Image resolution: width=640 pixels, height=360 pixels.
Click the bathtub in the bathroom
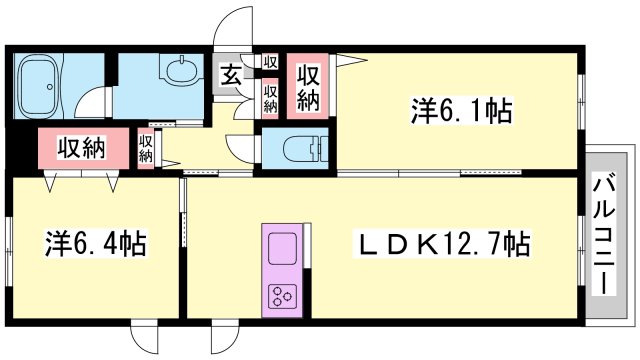point(39,86)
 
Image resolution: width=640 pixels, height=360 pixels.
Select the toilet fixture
point(305,149)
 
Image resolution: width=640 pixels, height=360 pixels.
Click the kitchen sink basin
point(282,245)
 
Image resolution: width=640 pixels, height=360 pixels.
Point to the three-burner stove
point(282,296)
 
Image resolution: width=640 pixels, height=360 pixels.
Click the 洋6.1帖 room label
point(462,111)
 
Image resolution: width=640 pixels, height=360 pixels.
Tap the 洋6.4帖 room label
point(96,243)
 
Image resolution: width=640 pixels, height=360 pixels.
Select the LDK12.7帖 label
point(444,244)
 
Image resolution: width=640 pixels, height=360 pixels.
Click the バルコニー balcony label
point(604,234)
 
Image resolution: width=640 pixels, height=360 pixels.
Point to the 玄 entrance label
point(231,75)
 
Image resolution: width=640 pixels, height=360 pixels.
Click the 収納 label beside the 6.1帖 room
point(308,88)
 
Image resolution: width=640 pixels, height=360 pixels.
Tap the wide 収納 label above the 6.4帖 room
point(81,147)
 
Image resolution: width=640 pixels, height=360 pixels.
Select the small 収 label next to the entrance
point(270,62)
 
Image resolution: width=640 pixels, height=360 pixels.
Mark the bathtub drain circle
point(50,87)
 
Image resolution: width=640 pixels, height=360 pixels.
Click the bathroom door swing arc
point(85,97)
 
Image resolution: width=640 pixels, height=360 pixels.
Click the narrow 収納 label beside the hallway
point(146,148)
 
